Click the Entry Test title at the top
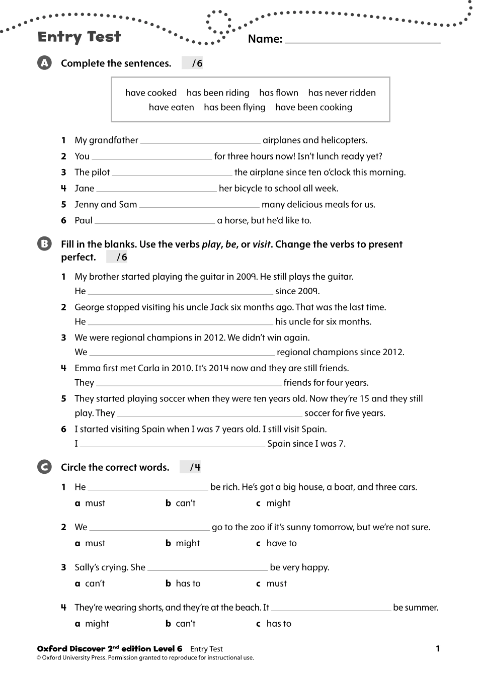(x=79, y=37)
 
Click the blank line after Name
(x=362, y=40)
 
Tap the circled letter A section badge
(x=44, y=63)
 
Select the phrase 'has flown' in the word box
(x=278, y=93)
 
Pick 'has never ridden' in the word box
(x=342, y=93)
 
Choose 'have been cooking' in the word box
(x=313, y=107)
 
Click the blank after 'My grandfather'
(x=200, y=141)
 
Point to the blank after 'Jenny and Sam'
(x=199, y=205)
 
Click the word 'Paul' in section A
(x=84, y=220)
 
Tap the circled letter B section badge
(x=44, y=244)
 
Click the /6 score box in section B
(x=117, y=258)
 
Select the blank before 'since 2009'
(x=180, y=292)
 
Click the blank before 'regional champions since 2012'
(x=182, y=353)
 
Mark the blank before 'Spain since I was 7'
(x=172, y=444)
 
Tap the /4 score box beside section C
(x=191, y=467)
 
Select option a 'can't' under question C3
(x=90, y=583)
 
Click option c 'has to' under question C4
(x=274, y=624)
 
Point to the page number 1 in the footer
(x=438, y=648)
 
